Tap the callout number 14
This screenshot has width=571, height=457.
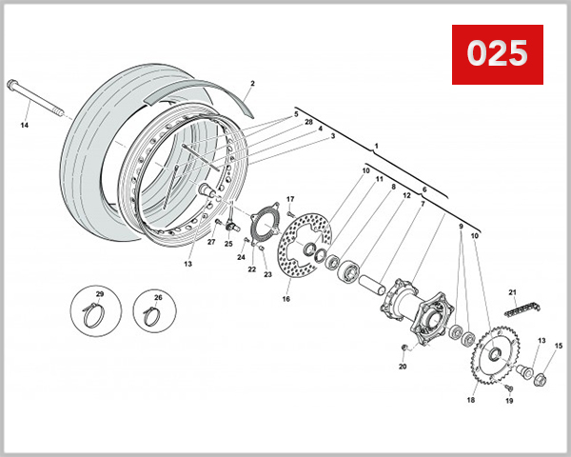(x=24, y=125)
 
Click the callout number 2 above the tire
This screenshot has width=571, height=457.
(x=252, y=84)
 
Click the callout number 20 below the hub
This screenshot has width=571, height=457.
(x=403, y=367)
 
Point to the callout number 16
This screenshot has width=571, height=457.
(x=285, y=299)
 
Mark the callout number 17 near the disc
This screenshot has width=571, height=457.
(x=290, y=198)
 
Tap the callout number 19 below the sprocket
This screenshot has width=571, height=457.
(x=509, y=402)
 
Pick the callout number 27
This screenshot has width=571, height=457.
(x=211, y=242)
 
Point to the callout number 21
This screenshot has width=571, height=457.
(x=512, y=291)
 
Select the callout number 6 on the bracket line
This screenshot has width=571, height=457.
(x=423, y=190)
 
